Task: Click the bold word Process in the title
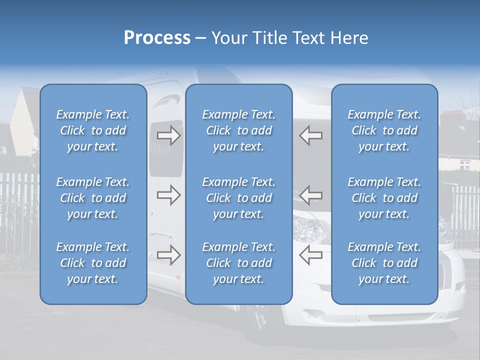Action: pyautogui.click(x=157, y=37)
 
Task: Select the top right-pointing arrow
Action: pyautogui.click(x=169, y=136)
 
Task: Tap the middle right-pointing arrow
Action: pyautogui.click(x=169, y=195)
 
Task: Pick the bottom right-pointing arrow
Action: pyautogui.click(x=169, y=255)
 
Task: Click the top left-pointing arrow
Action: pyautogui.click(x=310, y=135)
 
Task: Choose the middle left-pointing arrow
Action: pyautogui.click(x=310, y=195)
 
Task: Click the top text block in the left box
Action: pyautogui.click(x=93, y=130)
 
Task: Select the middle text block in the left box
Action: pyautogui.click(x=93, y=198)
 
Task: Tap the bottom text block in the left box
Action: pyautogui.click(x=93, y=263)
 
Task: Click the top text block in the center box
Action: pyautogui.click(x=238, y=130)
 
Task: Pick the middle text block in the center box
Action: pyautogui.click(x=238, y=198)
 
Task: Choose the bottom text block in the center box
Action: pyautogui.click(x=238, y=263)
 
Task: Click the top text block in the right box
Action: pyautogui.click(x=384, y=130)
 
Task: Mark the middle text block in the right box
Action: pyautogui.click(x=384, y=198)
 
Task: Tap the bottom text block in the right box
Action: pyautogui.click(x=384, y=263)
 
